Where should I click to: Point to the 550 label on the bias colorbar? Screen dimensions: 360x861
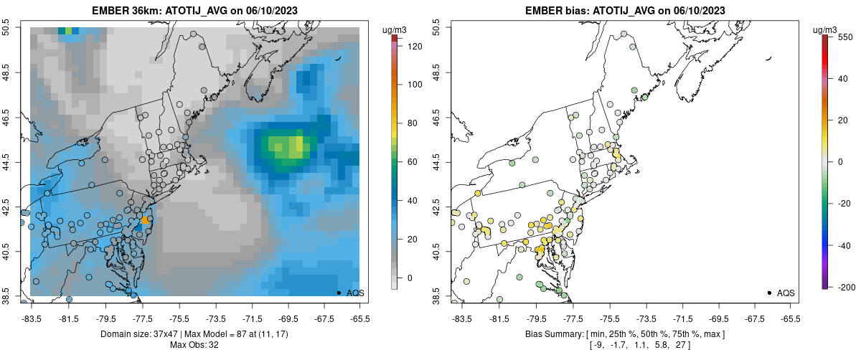pyautogui.click(x=844, y=37)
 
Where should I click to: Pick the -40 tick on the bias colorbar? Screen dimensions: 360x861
pyautogui.click(x=844, y=245)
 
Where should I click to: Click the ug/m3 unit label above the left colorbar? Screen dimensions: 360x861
pyautogui.click(x=395, y=29)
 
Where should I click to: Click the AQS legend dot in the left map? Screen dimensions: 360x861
pyautogui.click(x=338, y=293)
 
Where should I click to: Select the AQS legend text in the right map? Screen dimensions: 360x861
pyautogui.click(x=786, y=293)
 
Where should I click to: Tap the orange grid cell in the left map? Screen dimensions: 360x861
pyautogui.click(x=144, y=219)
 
